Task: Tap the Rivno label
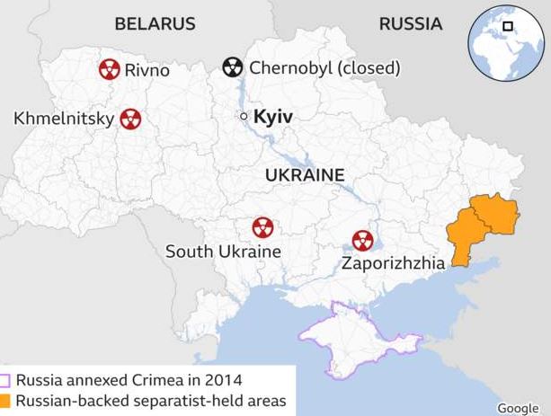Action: coord(147,69)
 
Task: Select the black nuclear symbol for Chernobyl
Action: coord(232,67)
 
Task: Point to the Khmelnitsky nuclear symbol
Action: coord(130,118)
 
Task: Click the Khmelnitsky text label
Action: coord(64,119)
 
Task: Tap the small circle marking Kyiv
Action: coord(243,117)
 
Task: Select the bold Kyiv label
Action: coord(274,117)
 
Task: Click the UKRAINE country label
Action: coord(305,174)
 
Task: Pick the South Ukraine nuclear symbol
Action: coord(262,226)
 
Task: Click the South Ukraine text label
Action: coord(223,252)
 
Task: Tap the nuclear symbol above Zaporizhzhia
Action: coord(362,240)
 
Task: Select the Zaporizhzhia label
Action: coord(393,264)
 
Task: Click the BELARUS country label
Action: coord(155,24)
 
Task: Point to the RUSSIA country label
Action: coord(410,24)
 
